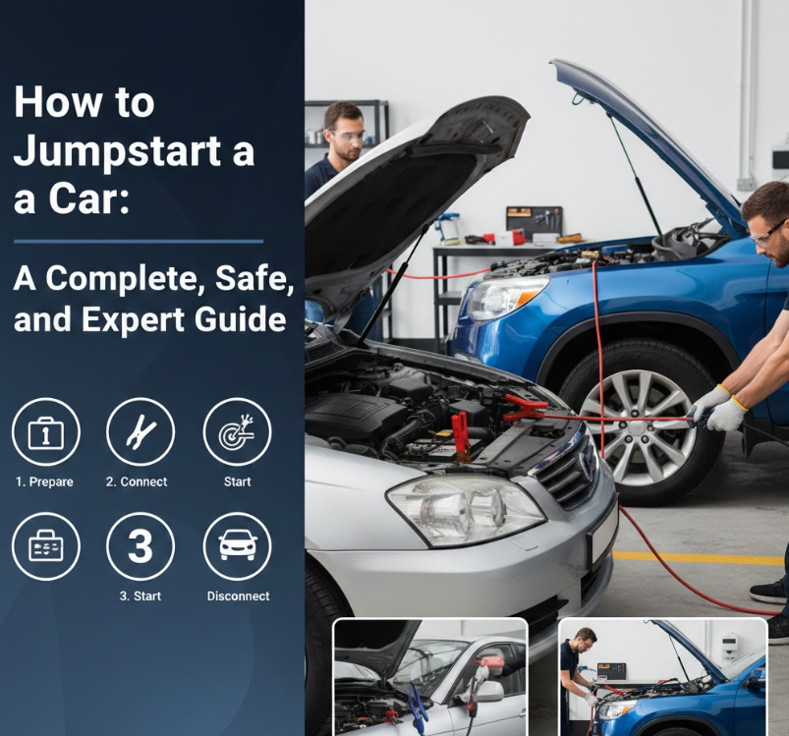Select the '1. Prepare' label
pos(44,481)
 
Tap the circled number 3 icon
pos(140,546)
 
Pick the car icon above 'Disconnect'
pos(237,546)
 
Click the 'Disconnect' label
pos(238,596)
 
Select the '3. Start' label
pos(140,596)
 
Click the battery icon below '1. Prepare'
pos(45,546)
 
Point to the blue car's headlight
pos(505,298)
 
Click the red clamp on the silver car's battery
pos(460,433)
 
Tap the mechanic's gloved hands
pos(717,407)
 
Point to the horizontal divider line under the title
pos(138,240)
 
